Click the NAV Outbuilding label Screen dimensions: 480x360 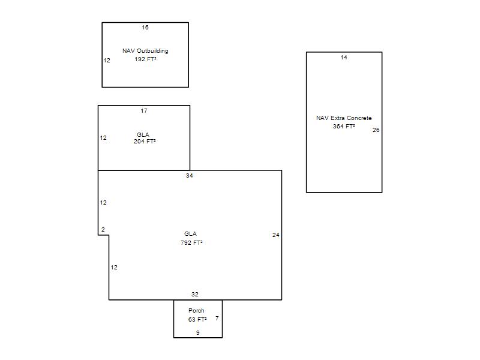(x=145, y=51)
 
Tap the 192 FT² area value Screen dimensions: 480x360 (x=145, y=59)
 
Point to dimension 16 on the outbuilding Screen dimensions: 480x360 (x=145, y=27)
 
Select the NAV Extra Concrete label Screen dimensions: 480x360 (x=344, y=118)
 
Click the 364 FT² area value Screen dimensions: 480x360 (x=344, y=126)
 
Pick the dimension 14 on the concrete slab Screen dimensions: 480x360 (x=344, y=57)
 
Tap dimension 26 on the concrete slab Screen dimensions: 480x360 (x=376, y=130)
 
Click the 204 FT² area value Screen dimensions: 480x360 (x=145, y=142)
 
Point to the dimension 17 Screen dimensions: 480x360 (x=144, y=110)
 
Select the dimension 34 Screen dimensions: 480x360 (x=190, y=175)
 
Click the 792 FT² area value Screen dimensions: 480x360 (x=191, y=242)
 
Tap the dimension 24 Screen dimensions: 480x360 (x=276, y=235)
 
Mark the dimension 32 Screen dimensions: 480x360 (x=194, y=294)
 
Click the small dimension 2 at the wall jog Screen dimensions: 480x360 (x=103, y=229)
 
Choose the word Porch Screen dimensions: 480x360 (x=196, y=310)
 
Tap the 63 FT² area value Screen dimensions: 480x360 (x=197, y=319)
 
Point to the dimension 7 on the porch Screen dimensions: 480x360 (x=217, y=319)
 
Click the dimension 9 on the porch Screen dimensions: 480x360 (x=198, y=332)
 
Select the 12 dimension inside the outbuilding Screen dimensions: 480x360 (x=107, y=61)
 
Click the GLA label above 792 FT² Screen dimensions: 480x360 (x=190, y=233)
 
